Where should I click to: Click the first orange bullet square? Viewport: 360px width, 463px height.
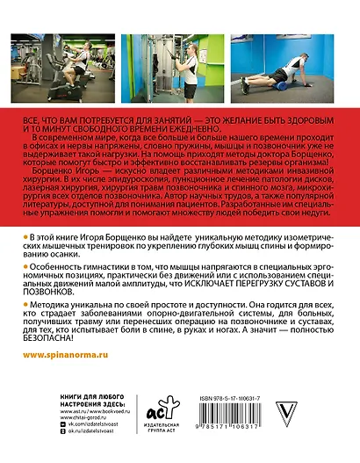pyautogui.click(x=21, y=239)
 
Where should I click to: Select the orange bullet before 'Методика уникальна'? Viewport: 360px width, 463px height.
pyautogui.click(x=21, y=300)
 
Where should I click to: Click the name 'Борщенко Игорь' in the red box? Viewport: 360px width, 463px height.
pyautogui.click(x=59, y=173)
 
